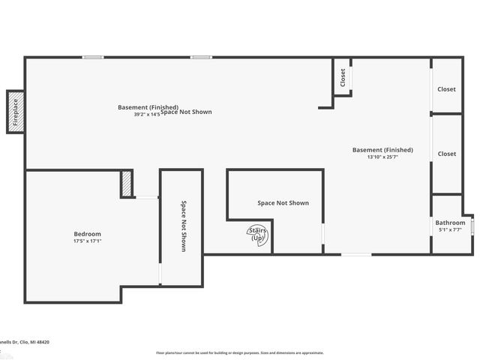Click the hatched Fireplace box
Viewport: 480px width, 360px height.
15,112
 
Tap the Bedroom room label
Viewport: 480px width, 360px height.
87,234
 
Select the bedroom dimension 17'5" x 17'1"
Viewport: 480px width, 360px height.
87,241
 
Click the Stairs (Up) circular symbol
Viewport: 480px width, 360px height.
258,235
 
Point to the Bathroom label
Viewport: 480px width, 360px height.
450,223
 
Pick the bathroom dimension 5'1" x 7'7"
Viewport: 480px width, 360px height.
450,230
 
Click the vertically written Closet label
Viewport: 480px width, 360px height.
343,77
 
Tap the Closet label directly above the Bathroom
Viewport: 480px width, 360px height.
446,154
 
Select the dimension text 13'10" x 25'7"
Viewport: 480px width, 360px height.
382,157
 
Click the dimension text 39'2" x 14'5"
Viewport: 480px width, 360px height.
147,115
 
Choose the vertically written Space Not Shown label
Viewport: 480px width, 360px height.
182,225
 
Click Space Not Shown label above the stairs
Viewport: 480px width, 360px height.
283,203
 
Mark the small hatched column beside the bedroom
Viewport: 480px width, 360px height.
127,184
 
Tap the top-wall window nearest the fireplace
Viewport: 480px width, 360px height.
93,57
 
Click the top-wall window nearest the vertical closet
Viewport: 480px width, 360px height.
199,57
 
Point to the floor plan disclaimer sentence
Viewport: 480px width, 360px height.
239,352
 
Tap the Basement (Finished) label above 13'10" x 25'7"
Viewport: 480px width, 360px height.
382,150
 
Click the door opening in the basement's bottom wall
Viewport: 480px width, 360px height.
355,254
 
